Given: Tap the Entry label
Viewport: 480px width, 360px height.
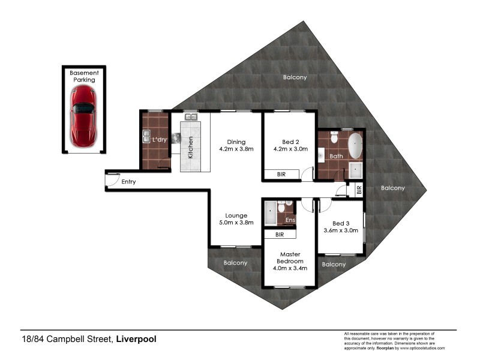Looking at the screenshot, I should click(128, 181).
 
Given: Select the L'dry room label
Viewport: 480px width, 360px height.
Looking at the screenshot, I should click(159, 140).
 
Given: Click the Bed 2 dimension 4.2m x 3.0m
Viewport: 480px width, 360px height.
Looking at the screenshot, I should click(290, 150).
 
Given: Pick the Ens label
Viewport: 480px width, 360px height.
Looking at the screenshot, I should click(290, 220).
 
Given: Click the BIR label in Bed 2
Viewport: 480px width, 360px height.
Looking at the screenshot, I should click(281, 175).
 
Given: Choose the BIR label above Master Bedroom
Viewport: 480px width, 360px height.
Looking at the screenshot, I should click(279, 235).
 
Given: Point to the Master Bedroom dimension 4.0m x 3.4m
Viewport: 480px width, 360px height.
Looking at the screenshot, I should click(290, 268).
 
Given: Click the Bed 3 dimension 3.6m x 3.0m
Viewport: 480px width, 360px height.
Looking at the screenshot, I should click(341, 230).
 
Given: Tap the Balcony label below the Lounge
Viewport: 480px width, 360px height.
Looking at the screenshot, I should click(236, 263).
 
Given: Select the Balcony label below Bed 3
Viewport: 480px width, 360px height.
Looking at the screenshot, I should click(334, 264).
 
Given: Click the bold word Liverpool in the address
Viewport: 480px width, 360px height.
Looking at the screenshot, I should click(136, 339).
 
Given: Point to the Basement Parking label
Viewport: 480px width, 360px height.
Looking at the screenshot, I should click(84, 76).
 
